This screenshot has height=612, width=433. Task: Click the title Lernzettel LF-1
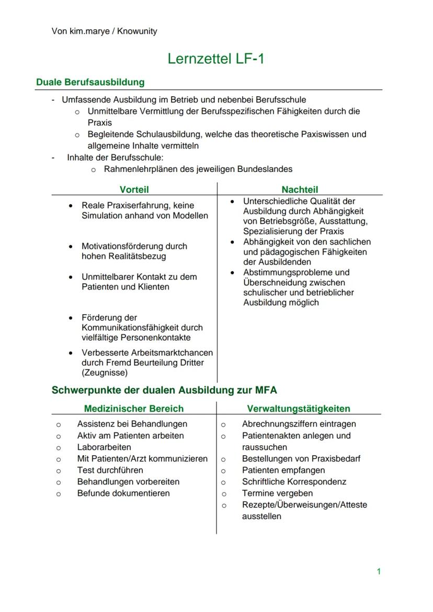(x=215, y=59)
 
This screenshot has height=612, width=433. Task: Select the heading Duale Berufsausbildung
(x=90, y=82)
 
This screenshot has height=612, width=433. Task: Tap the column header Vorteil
(x=134, y=190)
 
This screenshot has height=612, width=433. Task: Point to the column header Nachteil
(x=300, y=190)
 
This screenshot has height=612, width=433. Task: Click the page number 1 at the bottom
(x=379, y=571)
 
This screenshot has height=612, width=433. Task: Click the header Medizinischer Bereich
(x=134, y=409)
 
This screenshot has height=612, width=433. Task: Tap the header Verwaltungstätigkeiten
(x=299, y=409)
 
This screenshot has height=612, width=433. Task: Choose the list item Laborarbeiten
(x=104, y=447)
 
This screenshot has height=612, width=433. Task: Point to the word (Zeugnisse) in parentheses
(x=105, y=373)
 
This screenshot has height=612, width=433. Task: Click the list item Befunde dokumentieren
(x=123, y=493)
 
